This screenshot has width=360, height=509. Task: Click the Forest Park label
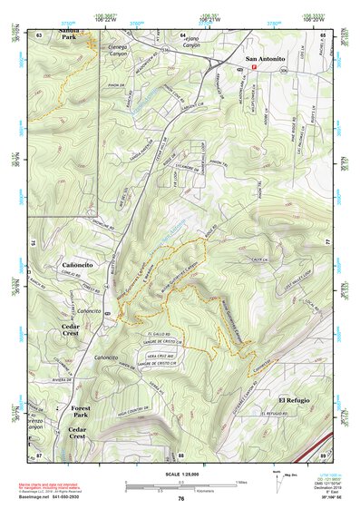pos(86,413)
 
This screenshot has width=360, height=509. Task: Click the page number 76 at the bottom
pos(181,498)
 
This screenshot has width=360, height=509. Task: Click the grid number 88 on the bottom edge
pos(180,455)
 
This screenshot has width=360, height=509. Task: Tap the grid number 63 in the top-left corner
pos(39,34)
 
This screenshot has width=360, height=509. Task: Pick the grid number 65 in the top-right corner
pos(323,34)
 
